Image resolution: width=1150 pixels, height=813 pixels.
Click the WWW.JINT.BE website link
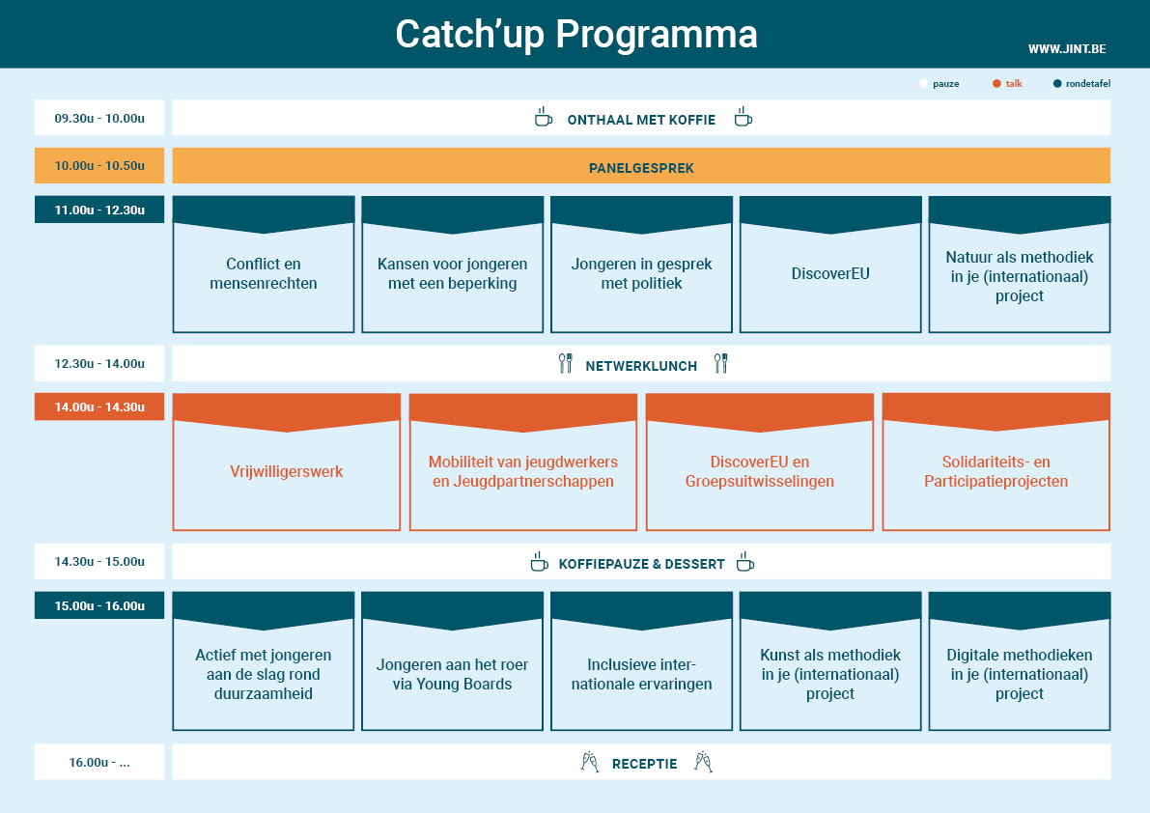coord(1066,49)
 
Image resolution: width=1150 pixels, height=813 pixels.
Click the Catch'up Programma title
coord(576,35)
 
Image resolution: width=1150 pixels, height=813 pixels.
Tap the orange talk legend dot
coord(996,84)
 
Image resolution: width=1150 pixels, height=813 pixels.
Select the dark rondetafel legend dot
coord(1057,84)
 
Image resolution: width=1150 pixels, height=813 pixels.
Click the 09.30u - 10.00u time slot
coord(99,118)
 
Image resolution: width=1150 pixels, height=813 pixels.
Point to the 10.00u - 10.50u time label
coord(99,166)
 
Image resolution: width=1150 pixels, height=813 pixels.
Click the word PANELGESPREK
coord(641,168)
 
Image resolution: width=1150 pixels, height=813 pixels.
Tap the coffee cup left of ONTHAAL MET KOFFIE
coord(543,117)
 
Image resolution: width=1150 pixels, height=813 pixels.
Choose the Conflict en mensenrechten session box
coord(264,265)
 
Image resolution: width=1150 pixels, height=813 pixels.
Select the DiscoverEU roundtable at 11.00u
coord(830,265)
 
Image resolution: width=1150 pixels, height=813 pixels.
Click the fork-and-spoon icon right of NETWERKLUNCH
coord(721,364)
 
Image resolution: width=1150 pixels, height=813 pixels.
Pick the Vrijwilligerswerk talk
coord(287,462)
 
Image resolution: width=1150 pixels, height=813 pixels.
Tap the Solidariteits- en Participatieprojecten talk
coord(996,462)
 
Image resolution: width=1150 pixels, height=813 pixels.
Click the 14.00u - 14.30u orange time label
coord(99,406)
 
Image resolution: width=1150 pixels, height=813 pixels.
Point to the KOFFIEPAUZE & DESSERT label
coord(642,564)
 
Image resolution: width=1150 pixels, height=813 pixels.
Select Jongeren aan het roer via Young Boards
coord(453,661)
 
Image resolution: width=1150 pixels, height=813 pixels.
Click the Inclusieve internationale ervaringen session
coord(642,661)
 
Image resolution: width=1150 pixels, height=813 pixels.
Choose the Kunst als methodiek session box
coord(830,661)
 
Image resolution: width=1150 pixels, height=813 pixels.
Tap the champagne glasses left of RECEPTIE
coord(590,763)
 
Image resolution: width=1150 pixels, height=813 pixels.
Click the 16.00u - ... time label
coord(99,763)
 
